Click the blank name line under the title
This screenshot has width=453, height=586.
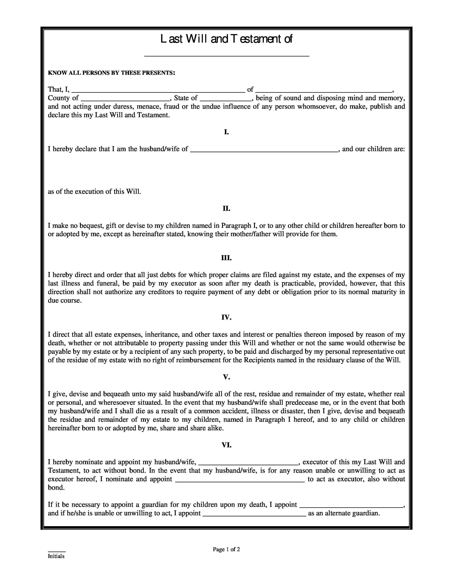(227, 56)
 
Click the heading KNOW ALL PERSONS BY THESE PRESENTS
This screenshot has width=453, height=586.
(111, 73)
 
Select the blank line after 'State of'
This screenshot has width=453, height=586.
(226, 100)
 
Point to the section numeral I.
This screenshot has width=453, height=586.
(226, 132)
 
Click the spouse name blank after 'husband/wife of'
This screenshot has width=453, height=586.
(264, 151)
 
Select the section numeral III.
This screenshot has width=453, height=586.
(226, 258)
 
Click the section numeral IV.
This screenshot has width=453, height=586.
(226, 317)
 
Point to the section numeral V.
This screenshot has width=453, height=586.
(226, 377)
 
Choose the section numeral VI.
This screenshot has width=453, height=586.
(226, 445)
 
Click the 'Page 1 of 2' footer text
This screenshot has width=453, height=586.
(226, 549)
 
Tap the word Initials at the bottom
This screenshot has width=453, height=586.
(56, 556)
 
